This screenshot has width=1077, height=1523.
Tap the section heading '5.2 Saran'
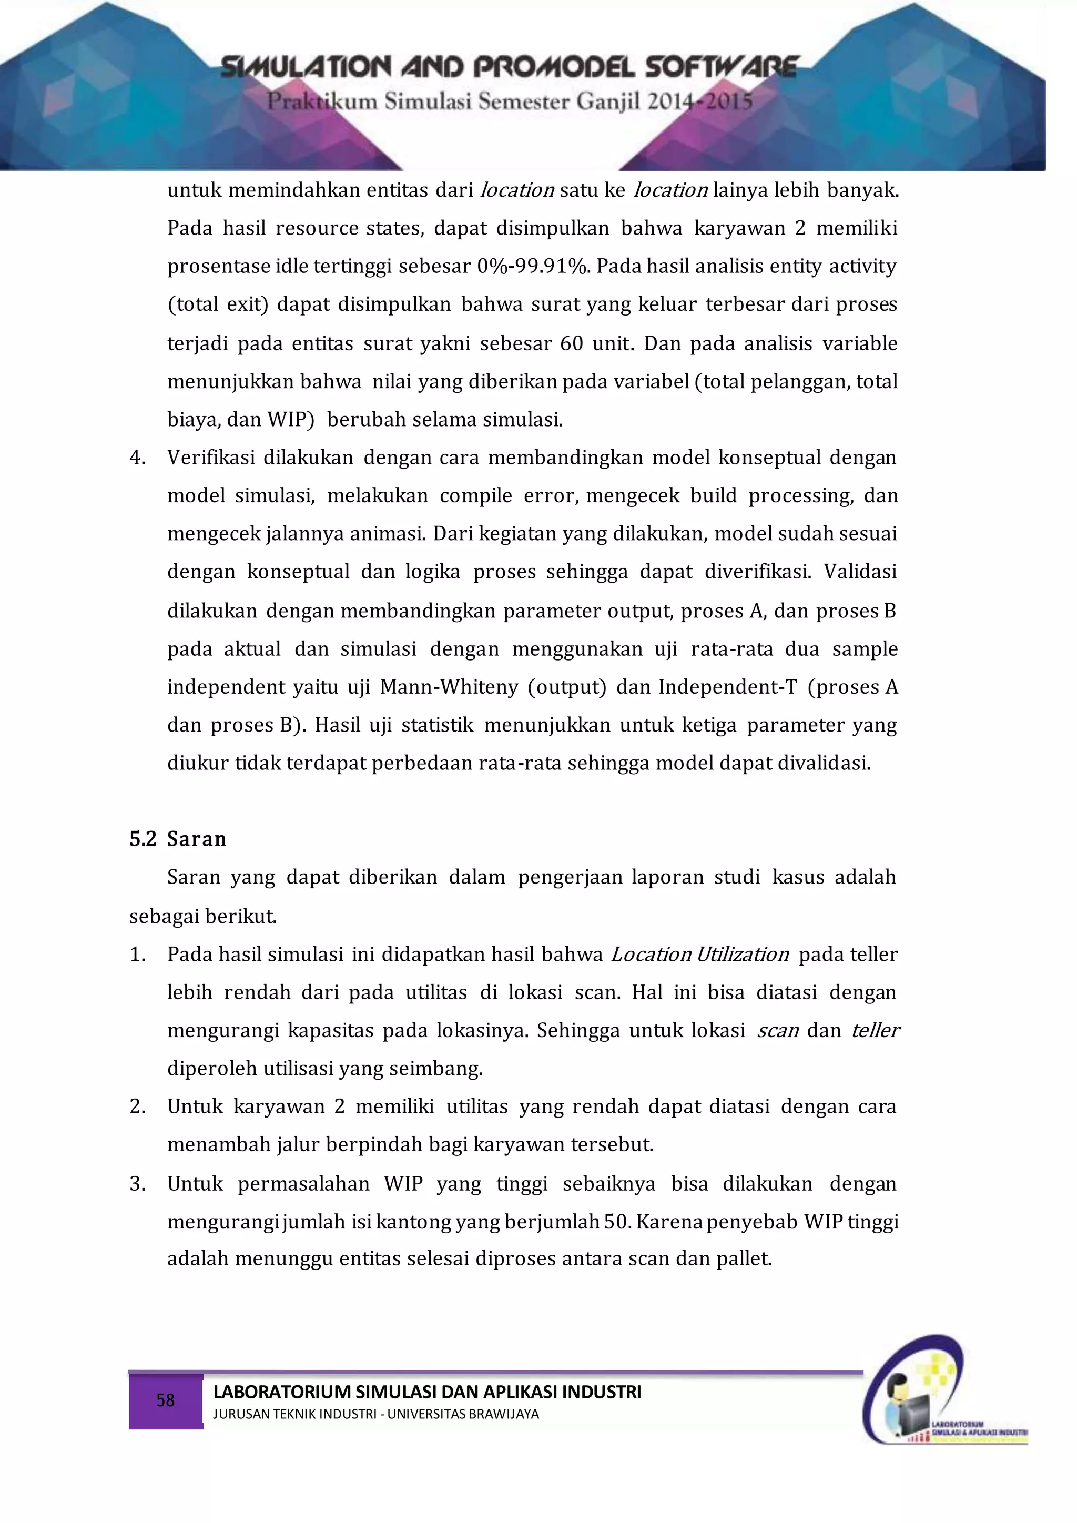tap(178, 839)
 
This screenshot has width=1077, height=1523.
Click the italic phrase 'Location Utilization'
tap(699, 955)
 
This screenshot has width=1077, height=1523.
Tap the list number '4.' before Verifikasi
tap(137, 458)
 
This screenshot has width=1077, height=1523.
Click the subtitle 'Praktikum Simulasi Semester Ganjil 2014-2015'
tap(510, 102)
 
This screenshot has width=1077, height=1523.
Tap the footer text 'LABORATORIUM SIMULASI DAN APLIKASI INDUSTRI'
tap(426, 1392)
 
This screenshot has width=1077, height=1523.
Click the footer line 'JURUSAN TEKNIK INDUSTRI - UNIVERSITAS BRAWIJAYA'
tap(375, 1414)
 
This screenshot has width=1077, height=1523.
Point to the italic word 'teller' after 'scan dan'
tap(876, 1031)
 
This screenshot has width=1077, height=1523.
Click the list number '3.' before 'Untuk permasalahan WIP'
tap(137, 1184)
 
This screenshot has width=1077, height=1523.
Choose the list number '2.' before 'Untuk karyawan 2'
tap(137, 1107)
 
